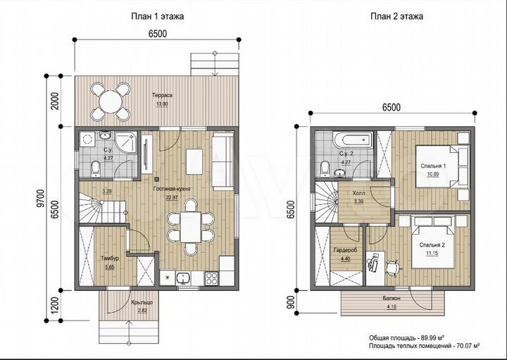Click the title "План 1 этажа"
[158, 16]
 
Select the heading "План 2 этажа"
[396, 16]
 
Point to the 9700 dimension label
[40, 198]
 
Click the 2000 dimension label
[56, 101]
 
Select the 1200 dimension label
[56, 305]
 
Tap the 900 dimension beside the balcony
[291, 302]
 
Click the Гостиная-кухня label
[172, 190]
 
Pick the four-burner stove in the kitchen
[212, 278]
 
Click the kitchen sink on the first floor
[184, 279]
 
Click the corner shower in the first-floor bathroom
[127, 142]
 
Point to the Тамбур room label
[110, 259]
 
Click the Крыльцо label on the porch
[142, 302]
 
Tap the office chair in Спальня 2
[392, 268]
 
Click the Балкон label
[392, 298]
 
